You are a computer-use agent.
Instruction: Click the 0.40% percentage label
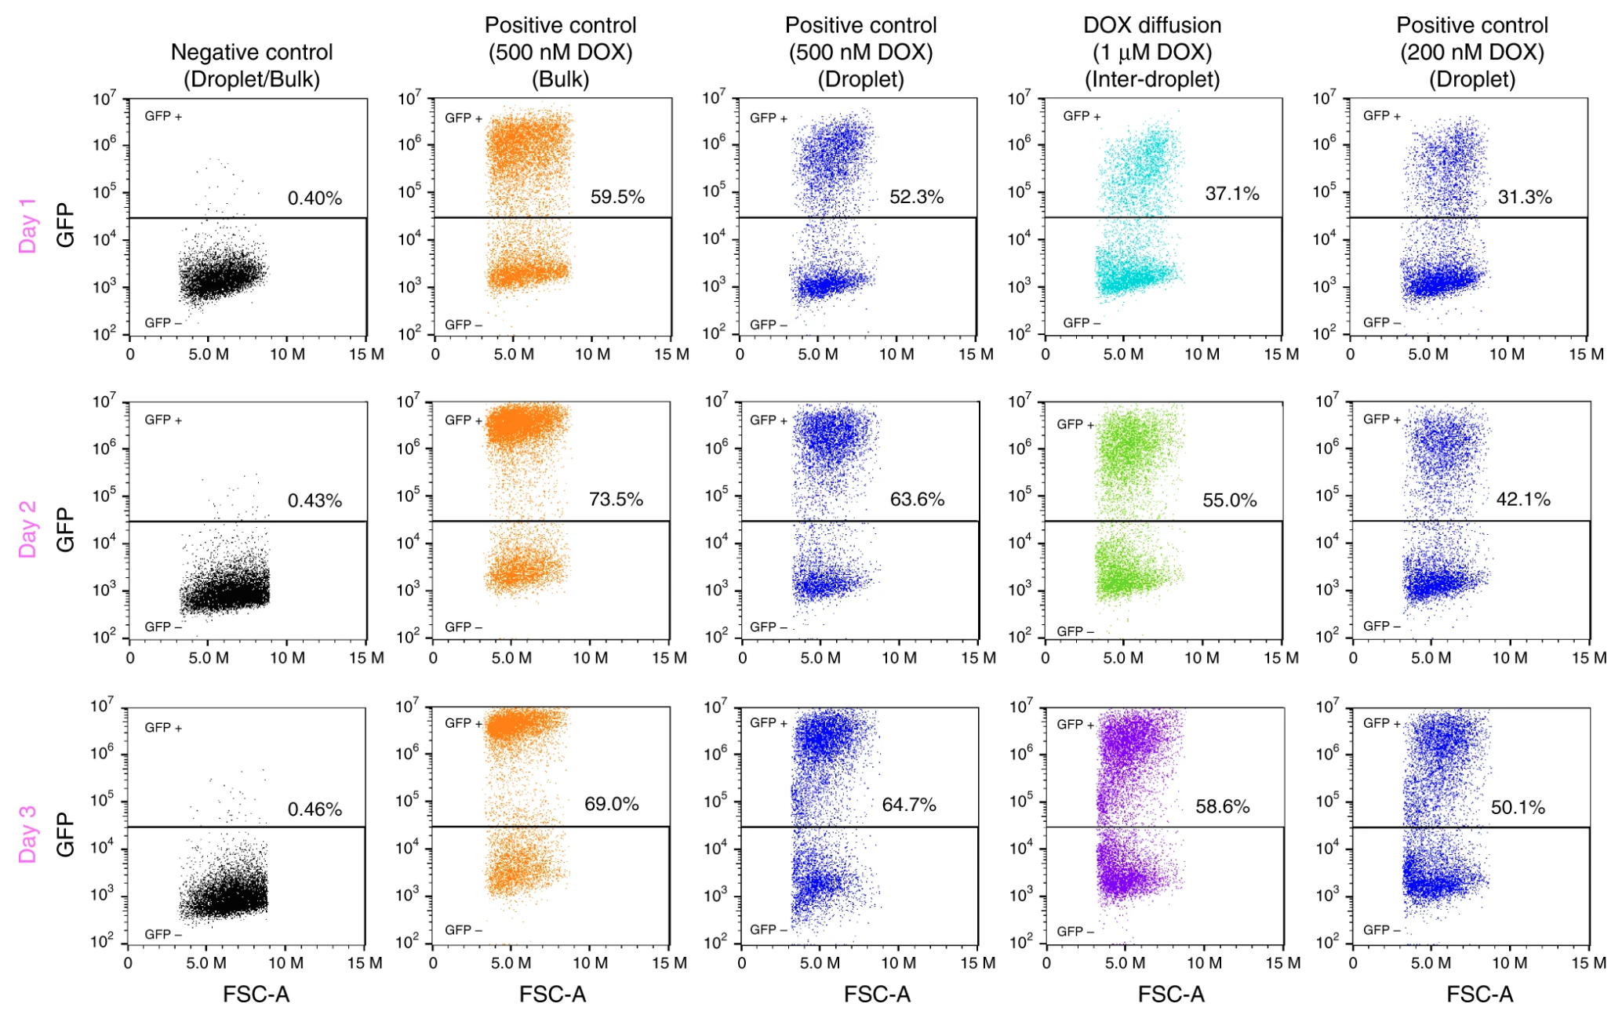click(315, 198)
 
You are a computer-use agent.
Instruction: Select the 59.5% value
click(617, 197)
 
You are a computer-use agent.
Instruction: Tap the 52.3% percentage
click(916, 197)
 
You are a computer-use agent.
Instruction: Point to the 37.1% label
click(1231, 194)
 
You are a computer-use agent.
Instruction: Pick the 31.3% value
click(1525, 197)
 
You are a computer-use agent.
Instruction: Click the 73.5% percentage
click(616, 500)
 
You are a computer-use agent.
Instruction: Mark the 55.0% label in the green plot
click(1229, 500)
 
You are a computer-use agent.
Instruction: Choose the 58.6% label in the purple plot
click(1222, 806)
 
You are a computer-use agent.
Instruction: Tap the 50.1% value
click(1518, 807)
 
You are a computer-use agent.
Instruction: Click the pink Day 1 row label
click(28, 226)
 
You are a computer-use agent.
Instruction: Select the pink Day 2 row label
click(28, 529)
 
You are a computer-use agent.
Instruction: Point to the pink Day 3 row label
click(28, 834)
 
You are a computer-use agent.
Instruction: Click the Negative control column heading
click(252, 53)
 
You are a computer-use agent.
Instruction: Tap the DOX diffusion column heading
click(1152, 25)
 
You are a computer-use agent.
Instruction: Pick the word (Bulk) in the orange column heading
click(560, 79)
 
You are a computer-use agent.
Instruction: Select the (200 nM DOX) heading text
click(1472, 53)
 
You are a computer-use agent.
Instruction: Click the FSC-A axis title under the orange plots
click(552, 994)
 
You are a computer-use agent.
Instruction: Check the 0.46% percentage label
click(315, 809)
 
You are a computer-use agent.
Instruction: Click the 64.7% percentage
click(909, 805)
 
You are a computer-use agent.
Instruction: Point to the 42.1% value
click(1523, 500)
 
